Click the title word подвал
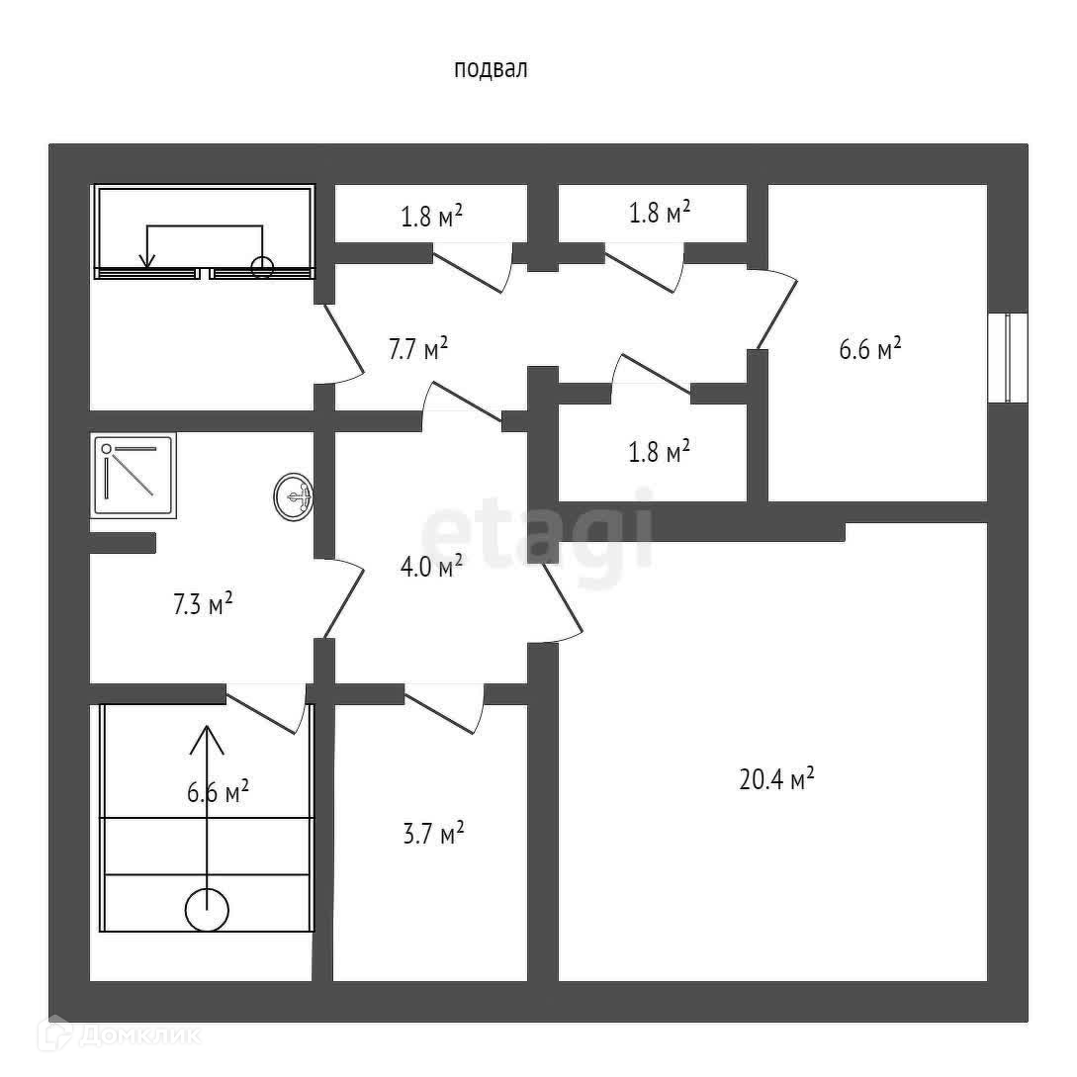491,69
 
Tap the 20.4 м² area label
776,779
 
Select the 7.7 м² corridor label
417,348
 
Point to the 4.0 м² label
431,568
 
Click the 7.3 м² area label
203,603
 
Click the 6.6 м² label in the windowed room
869,349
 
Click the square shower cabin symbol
135,475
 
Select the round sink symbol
294,495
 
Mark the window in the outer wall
1008,358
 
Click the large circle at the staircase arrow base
208,909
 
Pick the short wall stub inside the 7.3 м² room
124,542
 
